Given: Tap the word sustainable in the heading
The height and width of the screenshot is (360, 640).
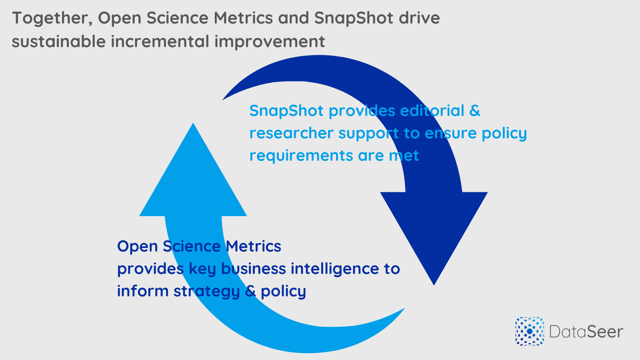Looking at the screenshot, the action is point(59,41).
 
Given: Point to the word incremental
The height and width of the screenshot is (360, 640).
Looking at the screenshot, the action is point(160,41).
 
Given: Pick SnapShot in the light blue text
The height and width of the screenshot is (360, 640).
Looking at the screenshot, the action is point(286,111).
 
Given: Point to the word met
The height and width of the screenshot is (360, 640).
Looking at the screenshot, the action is point(404,156).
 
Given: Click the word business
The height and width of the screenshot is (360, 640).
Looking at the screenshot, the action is point(254,268).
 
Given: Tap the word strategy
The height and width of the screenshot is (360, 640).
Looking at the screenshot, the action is point(206,292).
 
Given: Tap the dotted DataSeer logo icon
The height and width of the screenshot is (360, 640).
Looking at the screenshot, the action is point(530,331).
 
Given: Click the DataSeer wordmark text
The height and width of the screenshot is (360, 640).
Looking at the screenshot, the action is point(586,332).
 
